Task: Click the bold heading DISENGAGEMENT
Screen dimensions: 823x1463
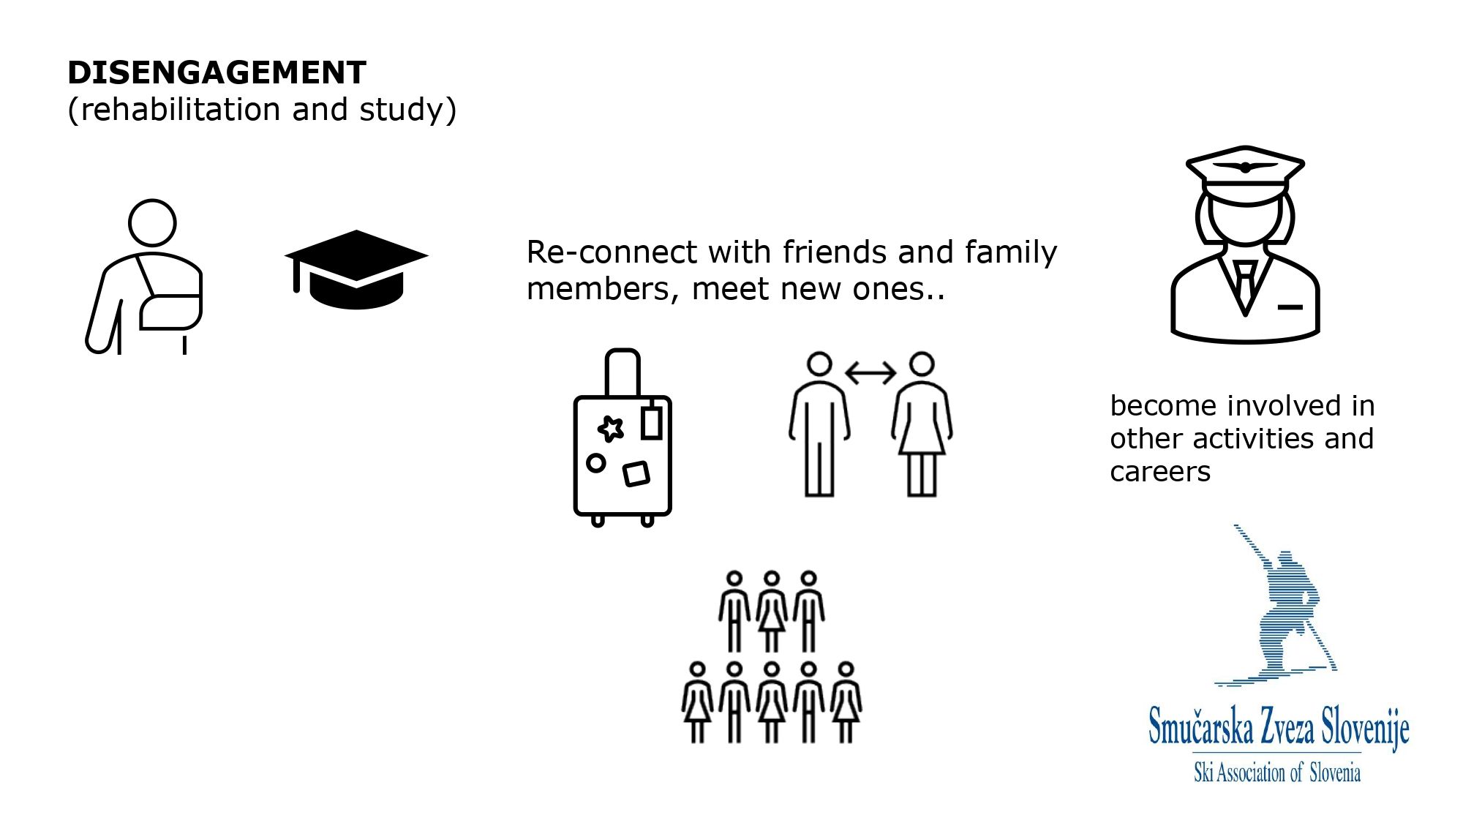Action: (217, 73)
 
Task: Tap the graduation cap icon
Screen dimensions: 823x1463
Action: (356, 269)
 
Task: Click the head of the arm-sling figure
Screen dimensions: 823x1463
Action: (152, 222)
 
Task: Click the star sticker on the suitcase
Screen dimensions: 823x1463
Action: (611, 428)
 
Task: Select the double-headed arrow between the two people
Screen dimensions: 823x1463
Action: (870, 373)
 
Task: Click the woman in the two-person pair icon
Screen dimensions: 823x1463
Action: (922, 428)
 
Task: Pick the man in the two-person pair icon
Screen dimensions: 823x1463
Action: (819, 428)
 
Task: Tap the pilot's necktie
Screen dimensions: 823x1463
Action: (1245, 285)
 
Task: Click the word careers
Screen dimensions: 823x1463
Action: (1160, 472)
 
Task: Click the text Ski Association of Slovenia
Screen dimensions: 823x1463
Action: (1277, 773)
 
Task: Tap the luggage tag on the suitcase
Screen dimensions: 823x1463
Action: (651, 422)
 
